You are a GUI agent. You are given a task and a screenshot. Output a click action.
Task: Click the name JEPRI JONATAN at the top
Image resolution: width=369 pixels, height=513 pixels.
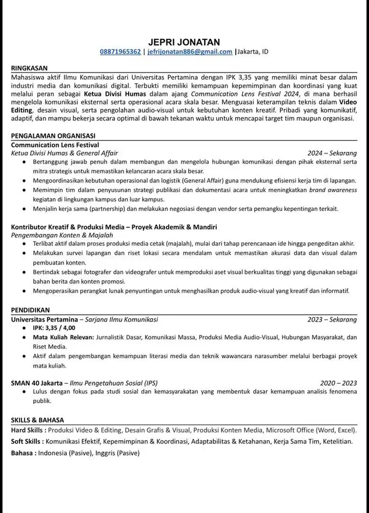(183, 42)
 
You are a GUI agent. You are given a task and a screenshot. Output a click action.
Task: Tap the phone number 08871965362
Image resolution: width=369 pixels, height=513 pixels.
(120, 52)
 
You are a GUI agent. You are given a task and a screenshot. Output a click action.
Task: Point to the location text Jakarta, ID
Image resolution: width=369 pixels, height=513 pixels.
(253, 52)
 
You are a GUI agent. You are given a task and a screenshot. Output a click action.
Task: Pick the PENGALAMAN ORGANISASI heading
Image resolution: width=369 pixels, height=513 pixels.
(53, 136)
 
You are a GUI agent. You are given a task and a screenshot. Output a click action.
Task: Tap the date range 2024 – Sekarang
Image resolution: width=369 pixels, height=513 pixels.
(332, 153)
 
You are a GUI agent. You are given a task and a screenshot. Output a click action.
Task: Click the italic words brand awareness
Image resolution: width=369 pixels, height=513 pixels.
(333, 190)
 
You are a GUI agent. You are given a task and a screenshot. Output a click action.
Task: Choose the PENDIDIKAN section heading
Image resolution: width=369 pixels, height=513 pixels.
(30, 310)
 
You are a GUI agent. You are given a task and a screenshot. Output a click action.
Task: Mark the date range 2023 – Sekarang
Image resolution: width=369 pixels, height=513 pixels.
(332, 319)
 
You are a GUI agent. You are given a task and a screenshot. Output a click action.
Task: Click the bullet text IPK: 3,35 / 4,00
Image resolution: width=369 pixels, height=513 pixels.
(54, 328)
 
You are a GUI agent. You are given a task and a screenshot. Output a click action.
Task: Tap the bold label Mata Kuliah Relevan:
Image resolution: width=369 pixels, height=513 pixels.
(63, 338)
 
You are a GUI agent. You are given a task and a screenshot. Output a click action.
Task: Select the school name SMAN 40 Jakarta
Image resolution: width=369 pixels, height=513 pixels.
(36, 383)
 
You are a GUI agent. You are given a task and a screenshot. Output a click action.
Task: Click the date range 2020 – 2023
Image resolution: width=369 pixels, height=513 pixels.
(338, 383)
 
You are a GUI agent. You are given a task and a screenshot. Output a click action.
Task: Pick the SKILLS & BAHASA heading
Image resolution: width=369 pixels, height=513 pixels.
(37, 420)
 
